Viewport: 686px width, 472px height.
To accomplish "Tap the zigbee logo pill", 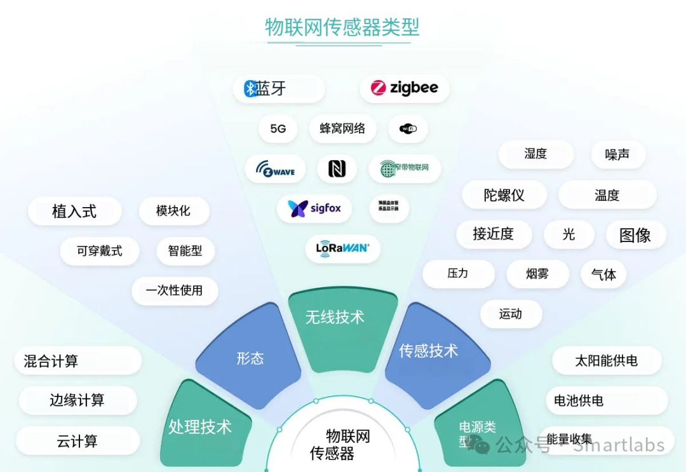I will click(x=405, y=88).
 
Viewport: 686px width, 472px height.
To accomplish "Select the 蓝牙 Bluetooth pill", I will click(x=278, y=89).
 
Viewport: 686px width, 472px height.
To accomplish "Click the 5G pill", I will click(x=278, y=128).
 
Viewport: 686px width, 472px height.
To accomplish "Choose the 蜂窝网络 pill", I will click(x=342, y=128).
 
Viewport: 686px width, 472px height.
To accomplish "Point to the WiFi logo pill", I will click(x=408, y=129).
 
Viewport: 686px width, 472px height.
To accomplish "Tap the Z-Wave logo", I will click(x=275, y=169).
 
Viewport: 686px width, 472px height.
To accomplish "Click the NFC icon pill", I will click(x=337, y=168).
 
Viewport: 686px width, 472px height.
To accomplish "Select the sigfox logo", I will click(x=314, y=208).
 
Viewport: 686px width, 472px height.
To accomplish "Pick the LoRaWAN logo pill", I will click(x=342, y=248).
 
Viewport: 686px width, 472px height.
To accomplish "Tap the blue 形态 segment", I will click(x=250, y=359).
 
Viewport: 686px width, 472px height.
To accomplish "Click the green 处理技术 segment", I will click(x=200, y=427).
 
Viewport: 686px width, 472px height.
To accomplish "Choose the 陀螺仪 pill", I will click(x=504, y=195).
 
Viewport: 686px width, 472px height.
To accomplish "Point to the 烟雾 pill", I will click(x=537, y=274).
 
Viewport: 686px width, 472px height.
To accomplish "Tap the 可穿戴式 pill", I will click(x=100, y=251).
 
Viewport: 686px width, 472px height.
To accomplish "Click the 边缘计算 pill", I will click(x=77, y=400).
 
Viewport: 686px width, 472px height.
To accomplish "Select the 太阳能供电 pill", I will click(x=606, y=361).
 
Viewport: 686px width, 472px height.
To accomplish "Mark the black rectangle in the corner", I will click(x=654, y=22).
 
